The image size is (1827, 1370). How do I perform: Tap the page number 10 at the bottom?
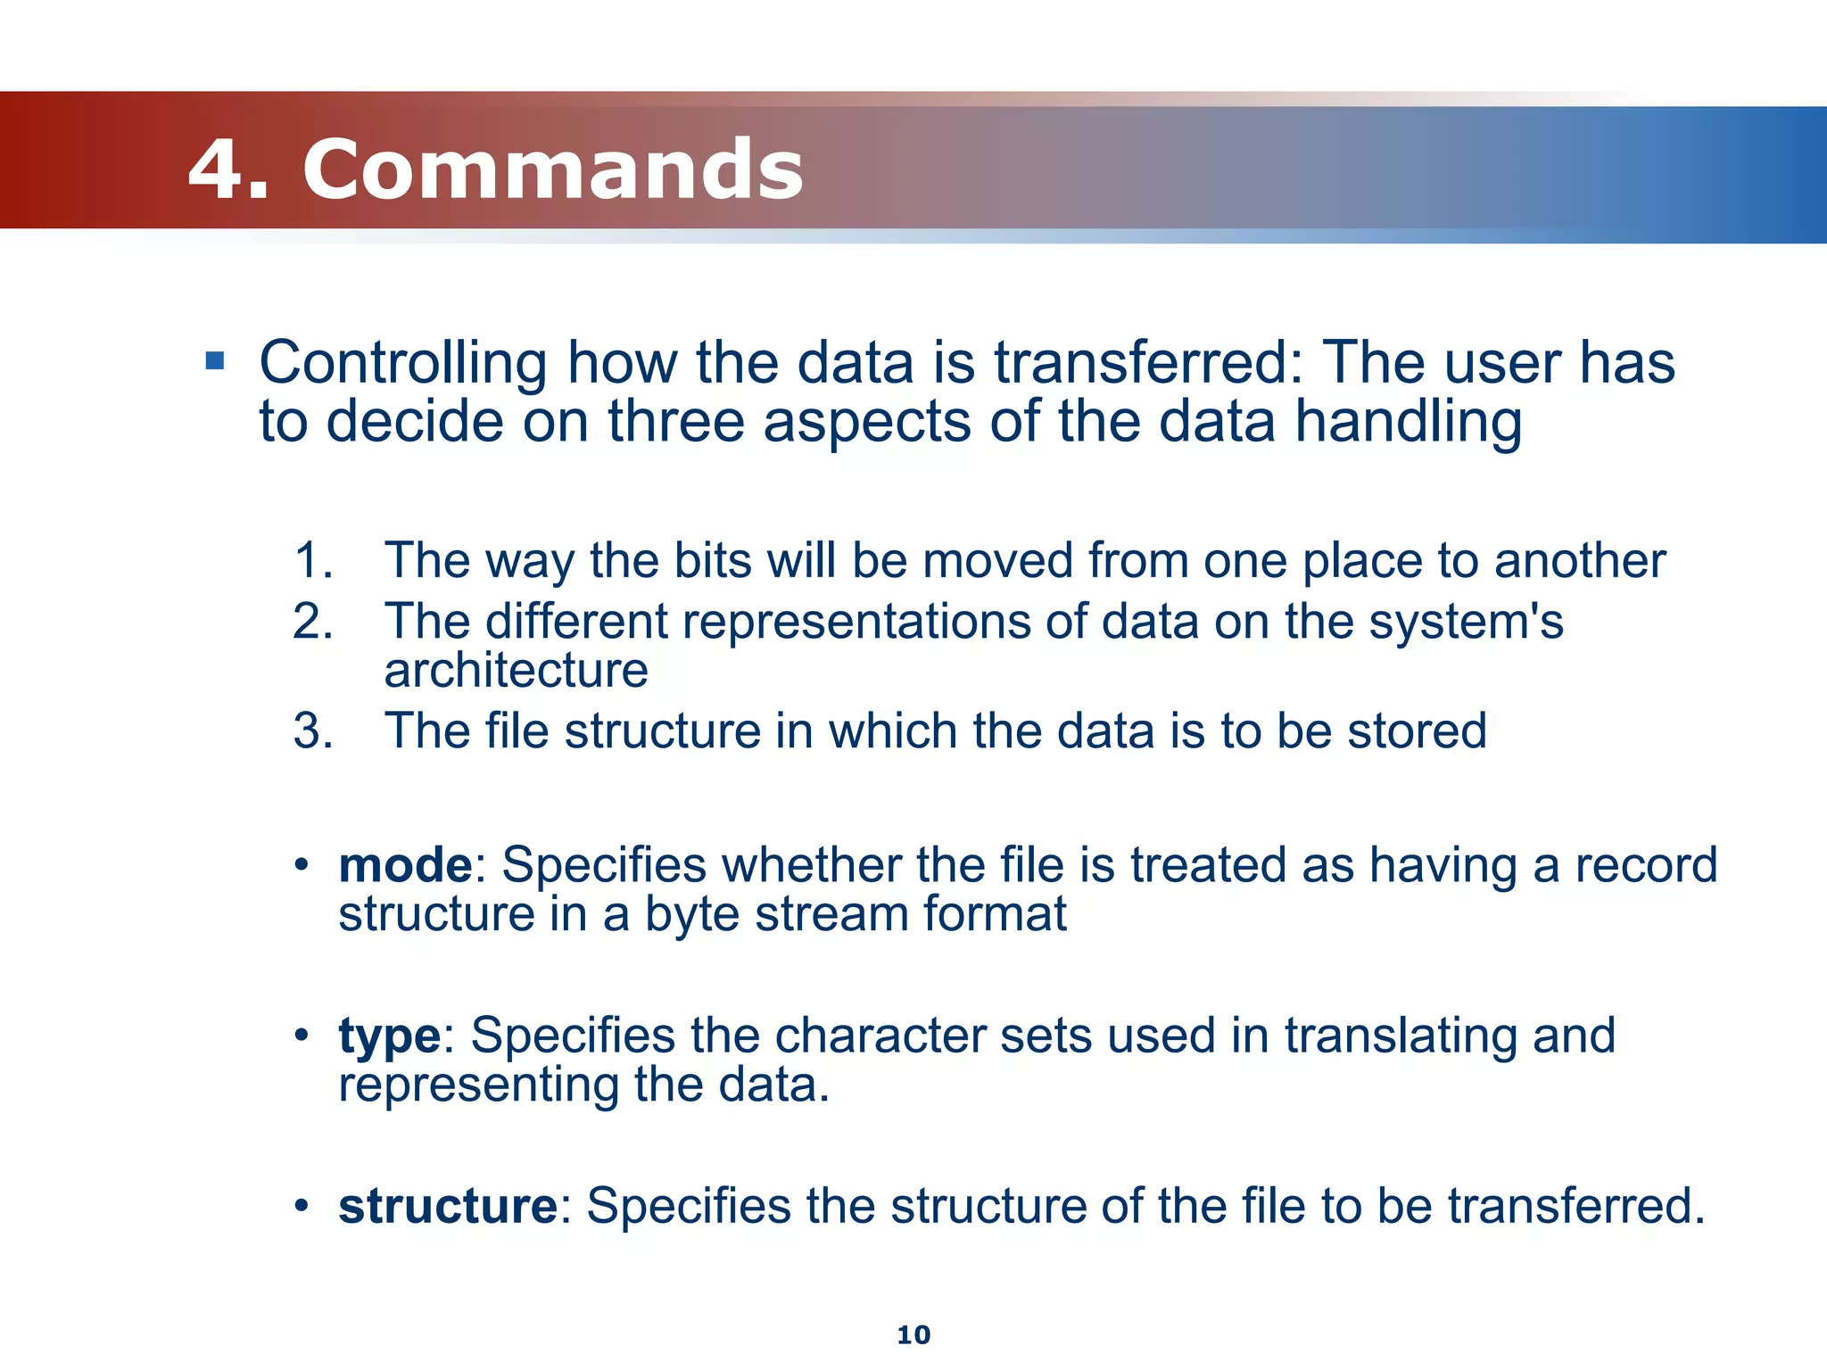pyautogui.click(x=913, y=1335)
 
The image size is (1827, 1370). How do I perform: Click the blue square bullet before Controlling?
pyautogui.click(x=214, y=361)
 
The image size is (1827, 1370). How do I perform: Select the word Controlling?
pyautogui.click(x=402, y=363)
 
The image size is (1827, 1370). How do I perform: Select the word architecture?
pyautogui.click(x=516, y=671)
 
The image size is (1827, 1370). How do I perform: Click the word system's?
pyautogui.click(x=1466, y=622)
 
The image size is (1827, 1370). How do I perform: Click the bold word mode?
pyautogui.click(x=405, y=865)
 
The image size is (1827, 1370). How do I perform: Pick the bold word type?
pyautogui.click(x=389, y=1036)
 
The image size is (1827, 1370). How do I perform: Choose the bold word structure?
pyautogui.click(x=448, y=1206)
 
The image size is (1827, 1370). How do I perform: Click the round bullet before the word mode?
pyautogui.click(x=302, y=865)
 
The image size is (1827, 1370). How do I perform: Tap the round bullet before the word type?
pyautogui.click(x=302, y=1036)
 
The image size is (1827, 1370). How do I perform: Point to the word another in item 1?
pyautogui.click(x=1579, y=561)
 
